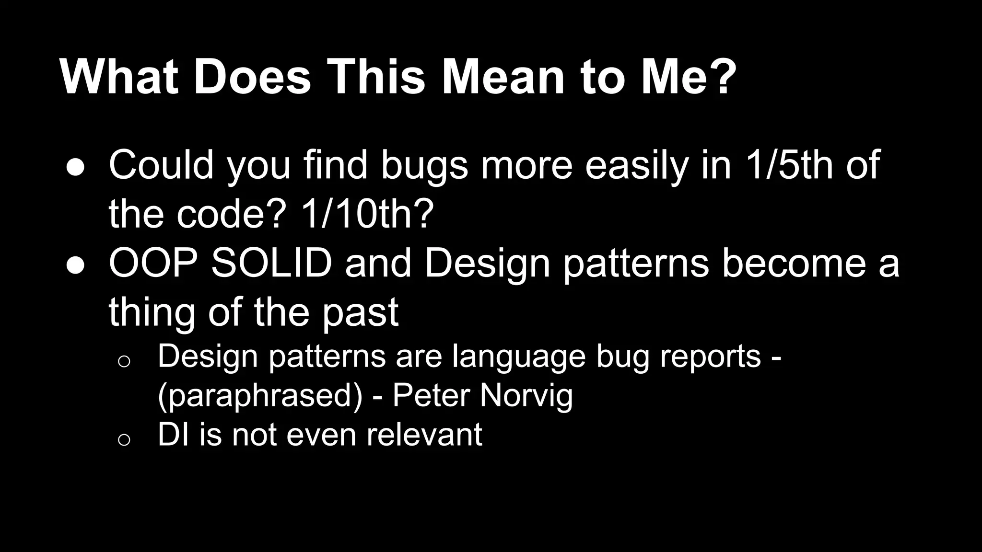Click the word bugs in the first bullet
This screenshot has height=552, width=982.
tap(424, 165)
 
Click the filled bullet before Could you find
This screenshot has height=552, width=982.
tap(76, 167)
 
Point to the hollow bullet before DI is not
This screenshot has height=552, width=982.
tap(124, 439)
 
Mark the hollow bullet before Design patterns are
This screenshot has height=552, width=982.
tap(124, 361)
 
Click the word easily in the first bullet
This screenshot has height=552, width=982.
tap(637, 165)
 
